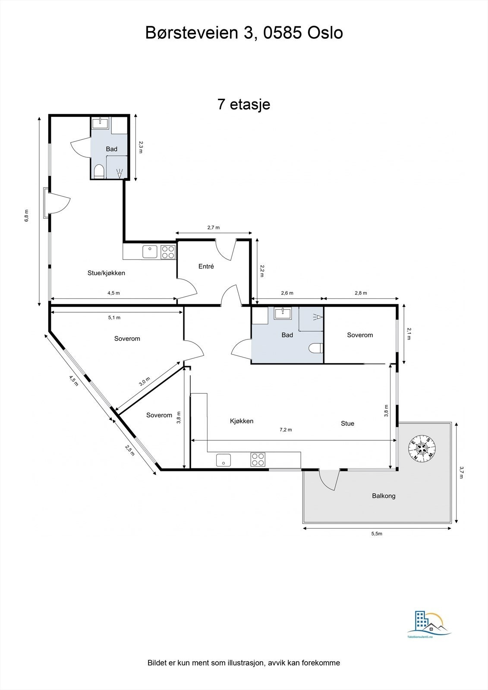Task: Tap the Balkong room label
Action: [x=384, y=496]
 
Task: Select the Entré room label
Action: [x=206, y=267]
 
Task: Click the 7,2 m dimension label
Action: [x=286, y=430]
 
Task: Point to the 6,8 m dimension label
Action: [x=27, y=215]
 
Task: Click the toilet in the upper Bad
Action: [x=99, y=172]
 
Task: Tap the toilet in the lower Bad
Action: [x=316, y=348]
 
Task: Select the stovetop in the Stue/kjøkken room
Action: [x=168, y=251]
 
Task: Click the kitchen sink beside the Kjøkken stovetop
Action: [x=224, y=460]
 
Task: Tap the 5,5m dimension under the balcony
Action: [x=377, y=534]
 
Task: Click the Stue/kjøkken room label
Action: [x=106, y=273]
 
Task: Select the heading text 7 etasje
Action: [x=244, y=104]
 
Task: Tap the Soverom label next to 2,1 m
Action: [x=360, y=335]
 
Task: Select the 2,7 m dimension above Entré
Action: [x=214, y=227]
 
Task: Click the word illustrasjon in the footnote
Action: [x=242, y=663]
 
